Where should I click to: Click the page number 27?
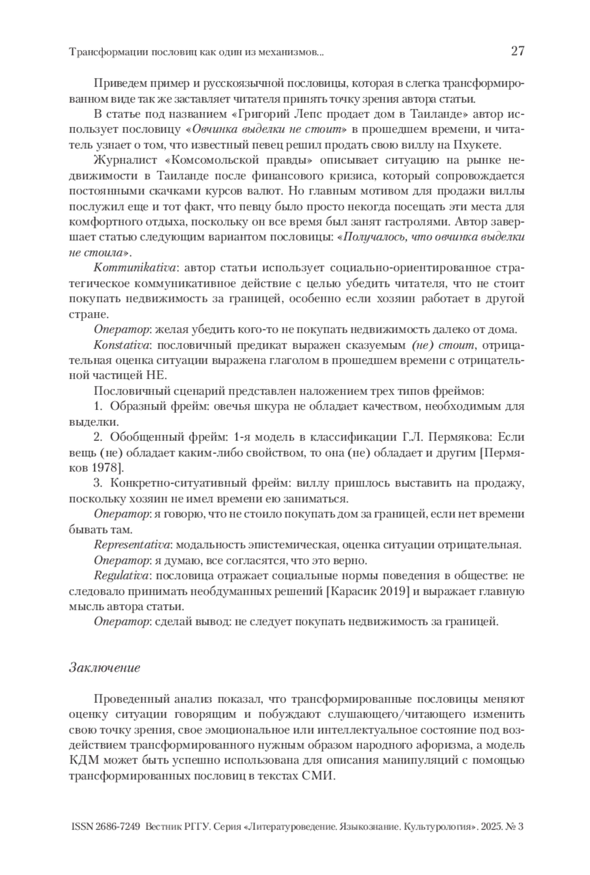point(518,51)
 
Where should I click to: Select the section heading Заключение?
point(105,668)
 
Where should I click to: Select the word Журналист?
point(124,160)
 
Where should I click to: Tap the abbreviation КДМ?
point(84,760)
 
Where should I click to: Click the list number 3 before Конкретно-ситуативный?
point(97,484)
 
